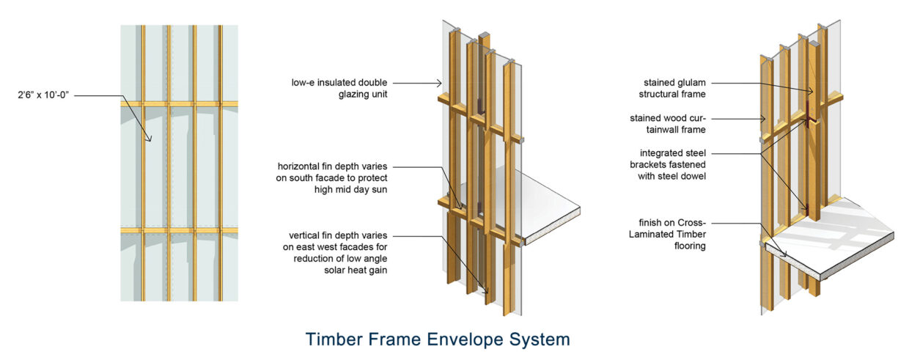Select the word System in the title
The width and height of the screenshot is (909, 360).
coord(541,339)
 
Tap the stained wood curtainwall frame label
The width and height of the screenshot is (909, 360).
coord(668,123)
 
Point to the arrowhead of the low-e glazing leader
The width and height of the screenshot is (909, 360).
coord(441,83)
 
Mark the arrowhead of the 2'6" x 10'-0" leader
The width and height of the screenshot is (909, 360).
coord(150,140)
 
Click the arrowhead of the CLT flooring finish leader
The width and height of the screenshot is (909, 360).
coord(787,256)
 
